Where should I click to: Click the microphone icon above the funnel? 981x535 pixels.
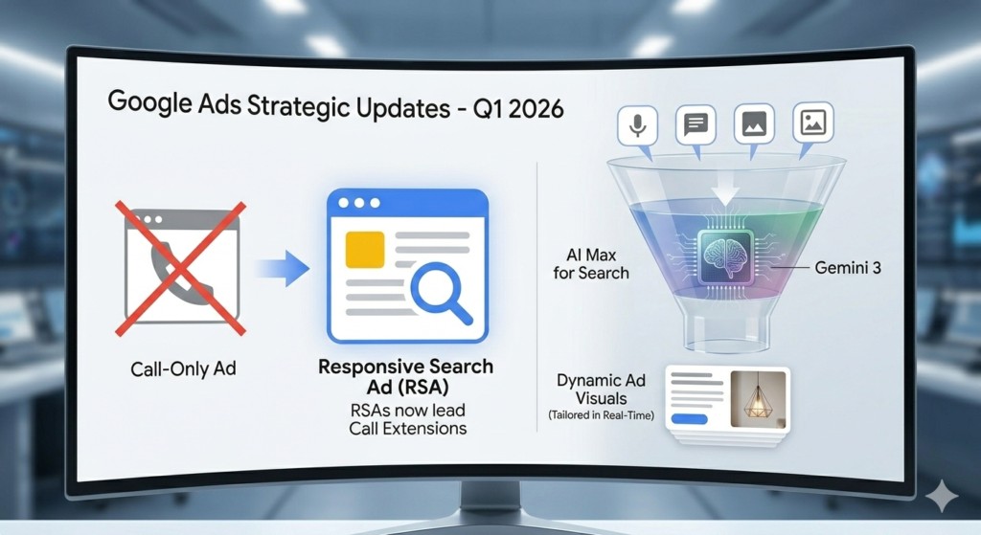(637, 125)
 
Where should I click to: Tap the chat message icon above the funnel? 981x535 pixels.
(696, 124)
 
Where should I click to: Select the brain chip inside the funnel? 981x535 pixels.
(726, 256)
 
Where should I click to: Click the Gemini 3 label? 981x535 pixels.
(847, 268)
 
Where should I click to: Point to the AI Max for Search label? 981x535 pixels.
(590, 264)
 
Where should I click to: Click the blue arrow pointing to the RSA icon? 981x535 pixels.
(284, 268)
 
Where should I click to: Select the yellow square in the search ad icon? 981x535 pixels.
(365, 249)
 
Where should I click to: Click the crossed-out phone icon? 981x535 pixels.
(181, 268)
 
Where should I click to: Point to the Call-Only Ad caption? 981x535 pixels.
(183, 368)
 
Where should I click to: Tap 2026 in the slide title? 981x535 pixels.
(536, 109)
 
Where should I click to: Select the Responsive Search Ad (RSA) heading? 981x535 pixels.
(406, 376)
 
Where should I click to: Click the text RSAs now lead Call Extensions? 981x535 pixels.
(408, 419)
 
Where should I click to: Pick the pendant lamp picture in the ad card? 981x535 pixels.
(758, 399)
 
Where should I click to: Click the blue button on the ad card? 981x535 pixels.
(690, 419)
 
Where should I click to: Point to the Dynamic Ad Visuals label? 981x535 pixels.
(602, 390)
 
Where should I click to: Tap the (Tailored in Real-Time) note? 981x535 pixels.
(602, 415)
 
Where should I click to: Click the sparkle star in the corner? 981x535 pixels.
(941, 497)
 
